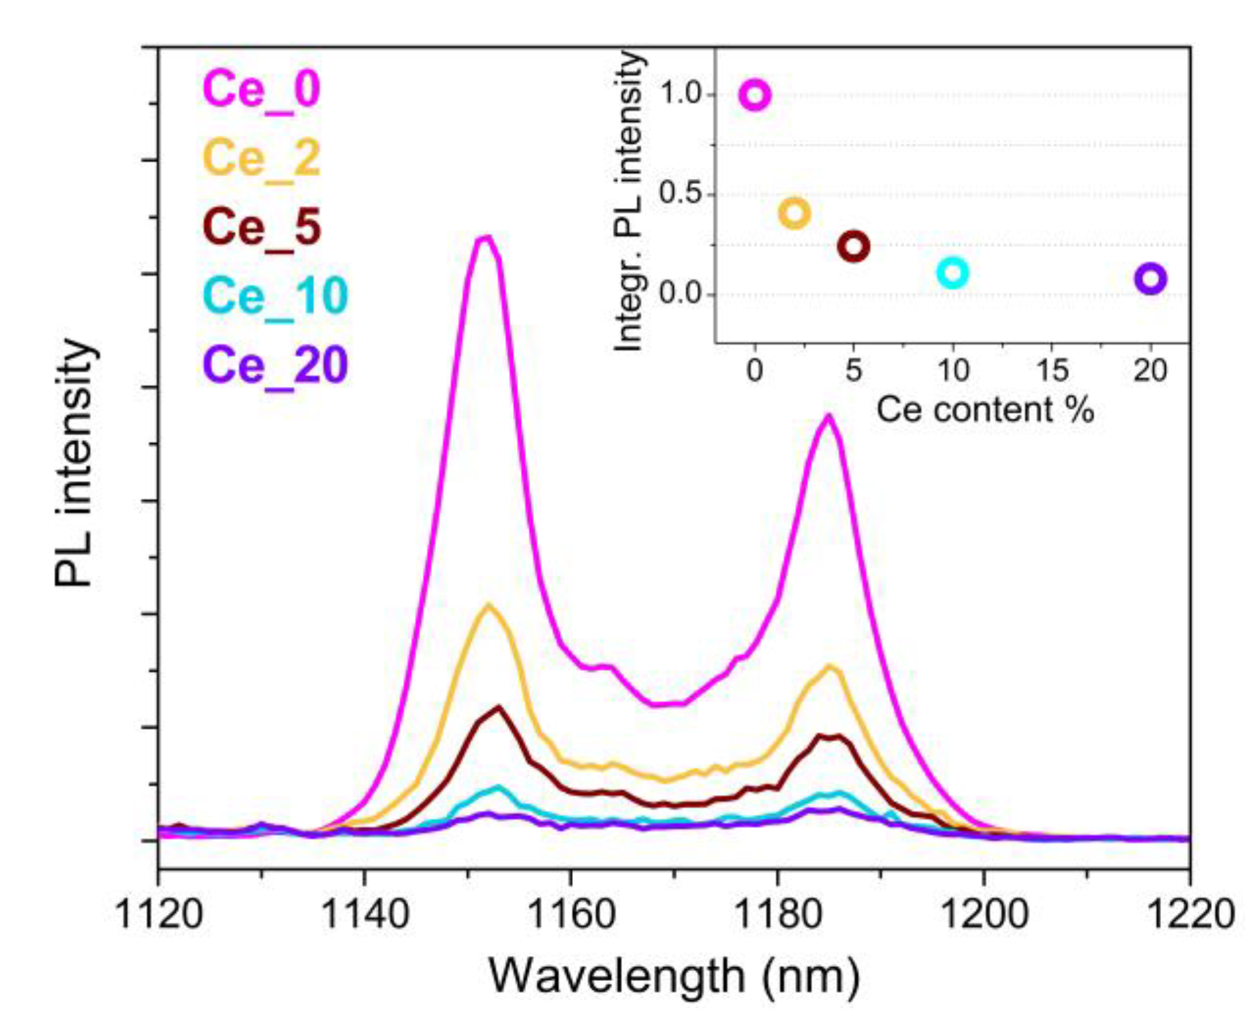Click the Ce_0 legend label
click(x=261, y=90)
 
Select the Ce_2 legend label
click(x=261, y=159)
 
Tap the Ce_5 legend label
click(x=261, y=227)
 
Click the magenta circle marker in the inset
click(x=754, y=95)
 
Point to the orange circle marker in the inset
click(x=794, y=213)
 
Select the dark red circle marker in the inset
click(x=853, y=246)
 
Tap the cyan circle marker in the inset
click(x=952, y=272)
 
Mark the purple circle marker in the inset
click(x=1150, y=279)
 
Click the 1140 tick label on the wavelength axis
click(x=365, y=914)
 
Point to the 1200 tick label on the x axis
click(x=984, y=914)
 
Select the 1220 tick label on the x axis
click(x=1189, y=914)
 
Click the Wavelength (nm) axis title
click(x=674, y=977)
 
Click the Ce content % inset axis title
click(x=984, y=410)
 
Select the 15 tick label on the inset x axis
click(x=1051, y=371)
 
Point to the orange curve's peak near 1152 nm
click(x=488, y=605)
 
